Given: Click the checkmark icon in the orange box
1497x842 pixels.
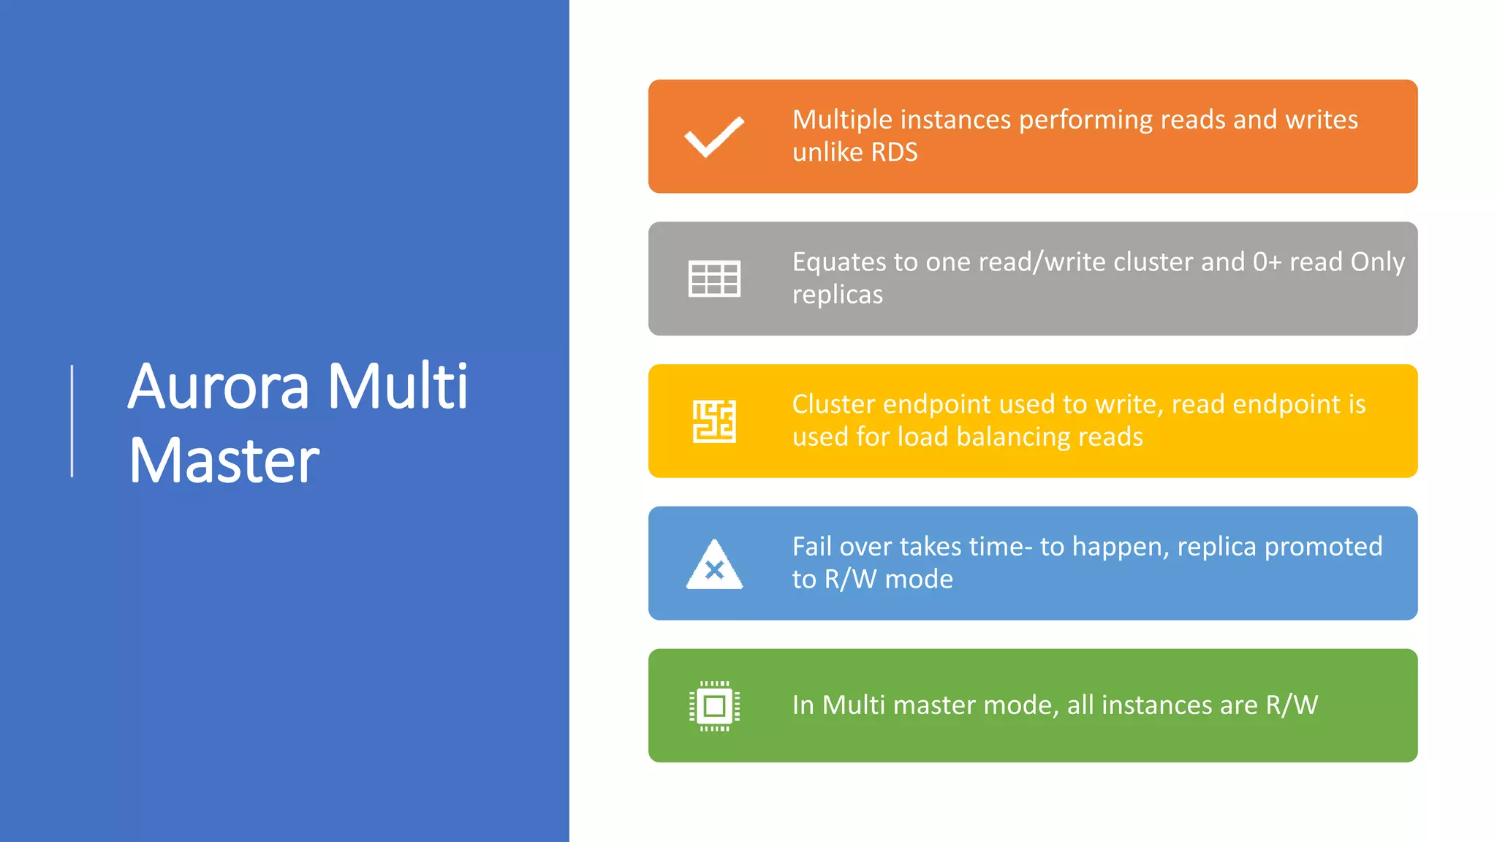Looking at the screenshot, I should click(x=714, y=137).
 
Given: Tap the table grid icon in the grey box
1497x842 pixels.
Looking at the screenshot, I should click(x=714, y=278).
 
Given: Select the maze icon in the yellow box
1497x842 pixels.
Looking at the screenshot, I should click(x=714, y=421).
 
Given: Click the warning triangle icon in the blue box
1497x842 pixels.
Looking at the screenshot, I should click(x=714, y=565).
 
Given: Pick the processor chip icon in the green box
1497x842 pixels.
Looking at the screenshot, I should click(x=714, y=706).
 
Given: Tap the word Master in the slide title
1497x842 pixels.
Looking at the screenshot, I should click(x=224, y=460).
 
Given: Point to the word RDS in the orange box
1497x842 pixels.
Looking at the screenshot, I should click(x=894, y=152).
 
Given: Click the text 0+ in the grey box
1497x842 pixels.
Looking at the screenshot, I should click(x=1267, y=262).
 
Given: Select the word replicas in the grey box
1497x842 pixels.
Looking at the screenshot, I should click(x=837, y=295).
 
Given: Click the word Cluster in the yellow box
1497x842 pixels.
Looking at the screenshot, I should click(x=833, y=404).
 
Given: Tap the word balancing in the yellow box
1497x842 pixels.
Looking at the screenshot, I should click(x=1012, y=437).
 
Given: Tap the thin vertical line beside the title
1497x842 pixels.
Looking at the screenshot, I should click(x=72, y=421).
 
